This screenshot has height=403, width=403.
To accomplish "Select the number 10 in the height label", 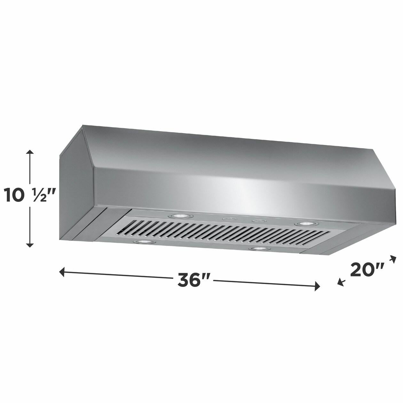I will pyautogui.click(x=14, y=195).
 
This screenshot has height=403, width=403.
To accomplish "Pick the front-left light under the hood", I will pyautogui.click(x=143, y=242).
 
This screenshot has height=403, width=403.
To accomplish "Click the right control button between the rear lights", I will pyautogui.click(x=257, y=221).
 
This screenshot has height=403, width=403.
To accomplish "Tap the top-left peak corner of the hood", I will pyautogui.click(x=84, y=126).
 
